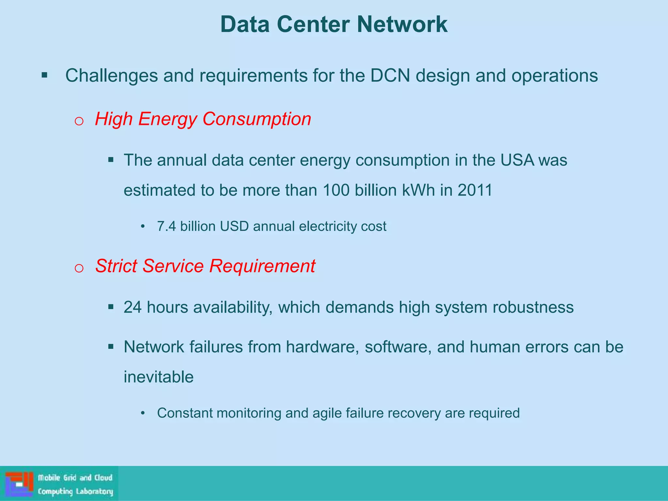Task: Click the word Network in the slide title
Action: (x=402, y=24)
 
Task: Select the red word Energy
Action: (x=167, y=119)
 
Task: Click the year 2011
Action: (x=475, y=190)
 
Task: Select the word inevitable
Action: (x=159, y=377)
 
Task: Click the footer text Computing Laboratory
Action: (x=75, y=492)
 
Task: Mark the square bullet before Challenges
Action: (x=45, y=76)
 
